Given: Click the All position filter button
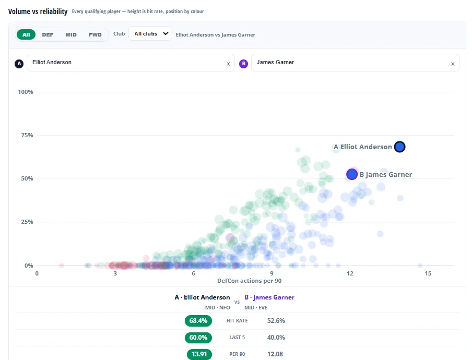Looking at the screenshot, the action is point(26,34).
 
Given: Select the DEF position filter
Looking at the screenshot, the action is point(48,34).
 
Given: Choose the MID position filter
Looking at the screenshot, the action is point(71,34).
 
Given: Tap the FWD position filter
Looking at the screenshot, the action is point(95,34).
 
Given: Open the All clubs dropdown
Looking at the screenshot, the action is point(150,34).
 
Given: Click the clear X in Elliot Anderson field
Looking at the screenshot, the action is point(229,64).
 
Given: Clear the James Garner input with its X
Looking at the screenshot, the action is point(453,64).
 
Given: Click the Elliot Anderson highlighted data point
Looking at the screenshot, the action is point(400,147).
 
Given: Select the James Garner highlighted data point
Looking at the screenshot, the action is point(352,174).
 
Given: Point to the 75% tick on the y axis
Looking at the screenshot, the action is point(27,135).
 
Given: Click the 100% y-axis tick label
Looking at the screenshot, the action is point(25,92).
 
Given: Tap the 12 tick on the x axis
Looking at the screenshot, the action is point(350,273).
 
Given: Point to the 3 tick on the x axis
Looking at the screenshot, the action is point(115,273).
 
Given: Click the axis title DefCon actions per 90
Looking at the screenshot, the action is point(250,281).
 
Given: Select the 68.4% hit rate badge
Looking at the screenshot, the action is point(198,320).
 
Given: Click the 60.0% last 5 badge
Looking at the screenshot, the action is point(198,338).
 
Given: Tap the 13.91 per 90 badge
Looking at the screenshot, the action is point(199,354).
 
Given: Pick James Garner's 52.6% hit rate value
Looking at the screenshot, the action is point(276,320).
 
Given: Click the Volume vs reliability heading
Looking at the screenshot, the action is point(38,11).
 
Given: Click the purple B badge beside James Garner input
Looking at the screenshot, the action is point(243,64).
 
